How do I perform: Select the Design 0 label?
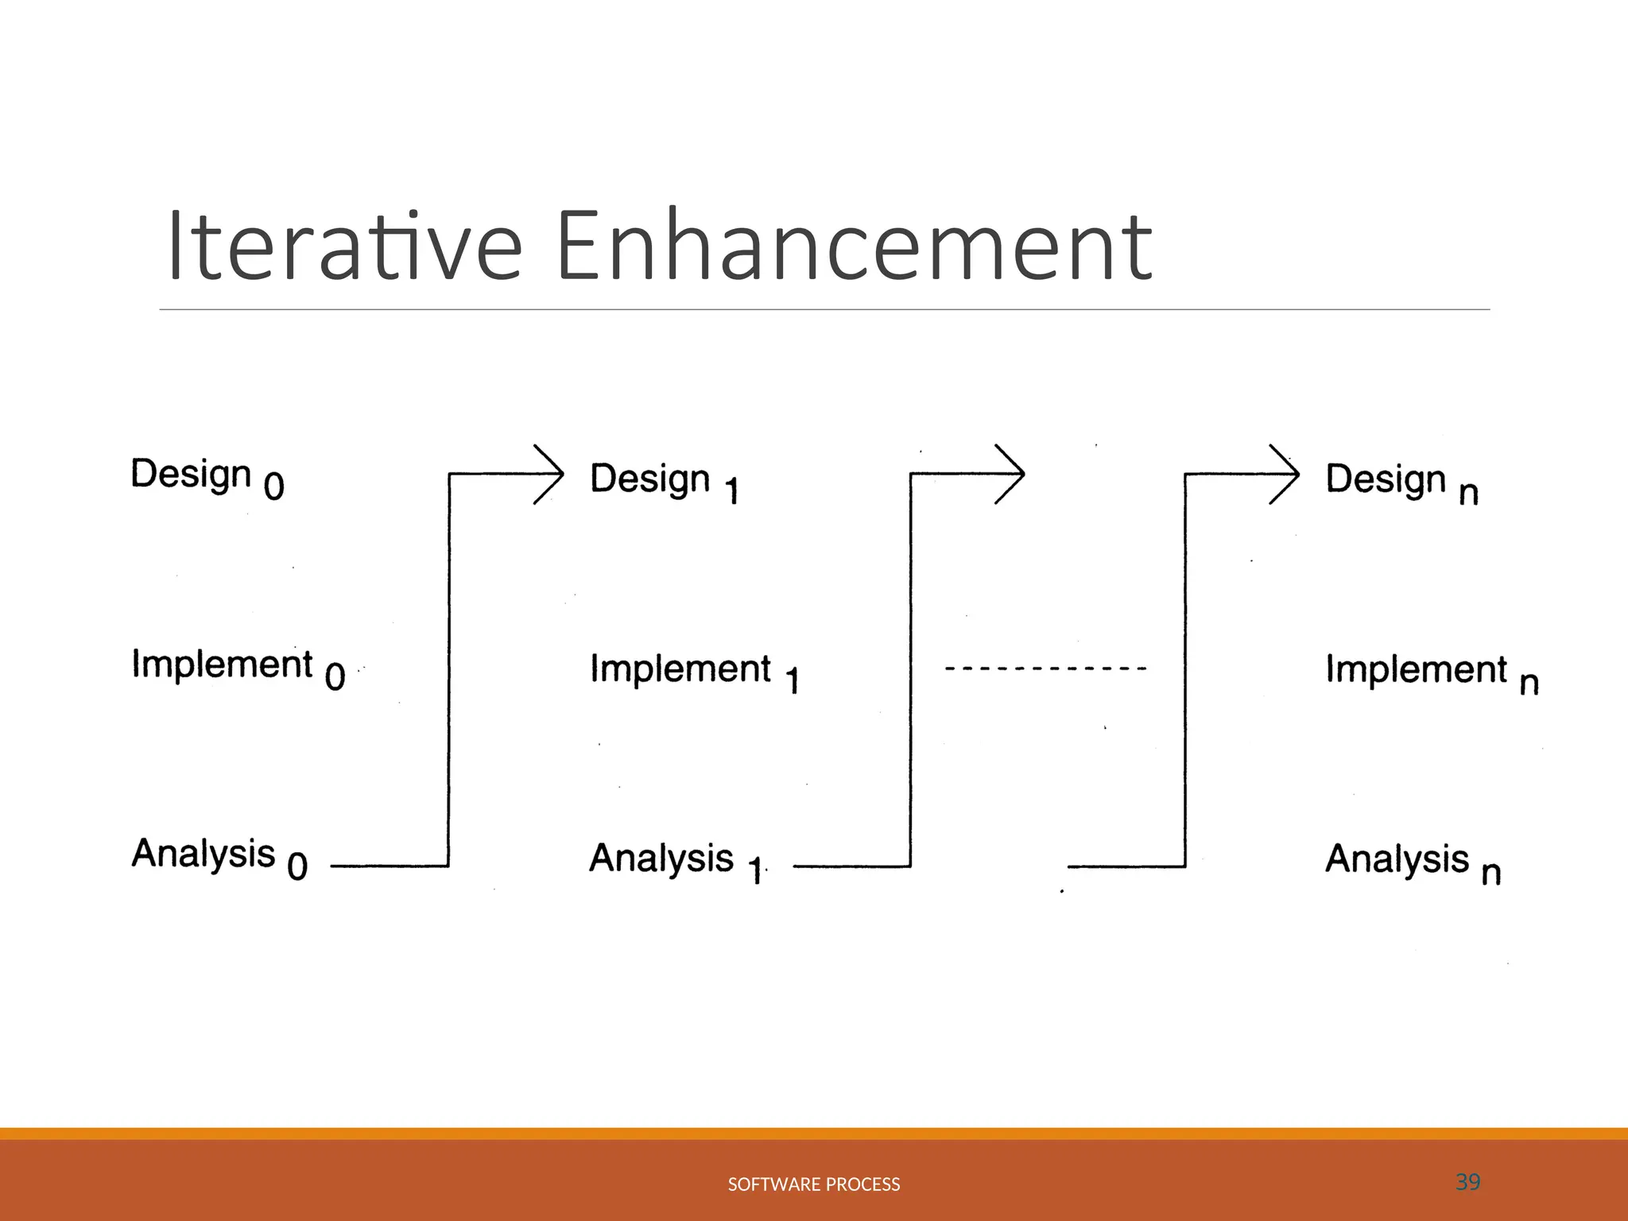(207, 477)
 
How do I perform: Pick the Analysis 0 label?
(219, 857)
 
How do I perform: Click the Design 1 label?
(664, 481)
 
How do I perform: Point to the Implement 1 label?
(694, 671)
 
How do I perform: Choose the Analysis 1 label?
(676, 861)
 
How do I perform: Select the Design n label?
(1401, 482)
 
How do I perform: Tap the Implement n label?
(1432, 672)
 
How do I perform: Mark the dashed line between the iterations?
(1045, 669)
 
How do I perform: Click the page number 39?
(1467, 1182)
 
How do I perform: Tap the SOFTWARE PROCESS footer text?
(814, 1184)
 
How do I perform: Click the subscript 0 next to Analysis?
(297, 866)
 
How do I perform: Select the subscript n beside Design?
(1468, 493)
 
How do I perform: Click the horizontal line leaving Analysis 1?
(851, 866)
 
